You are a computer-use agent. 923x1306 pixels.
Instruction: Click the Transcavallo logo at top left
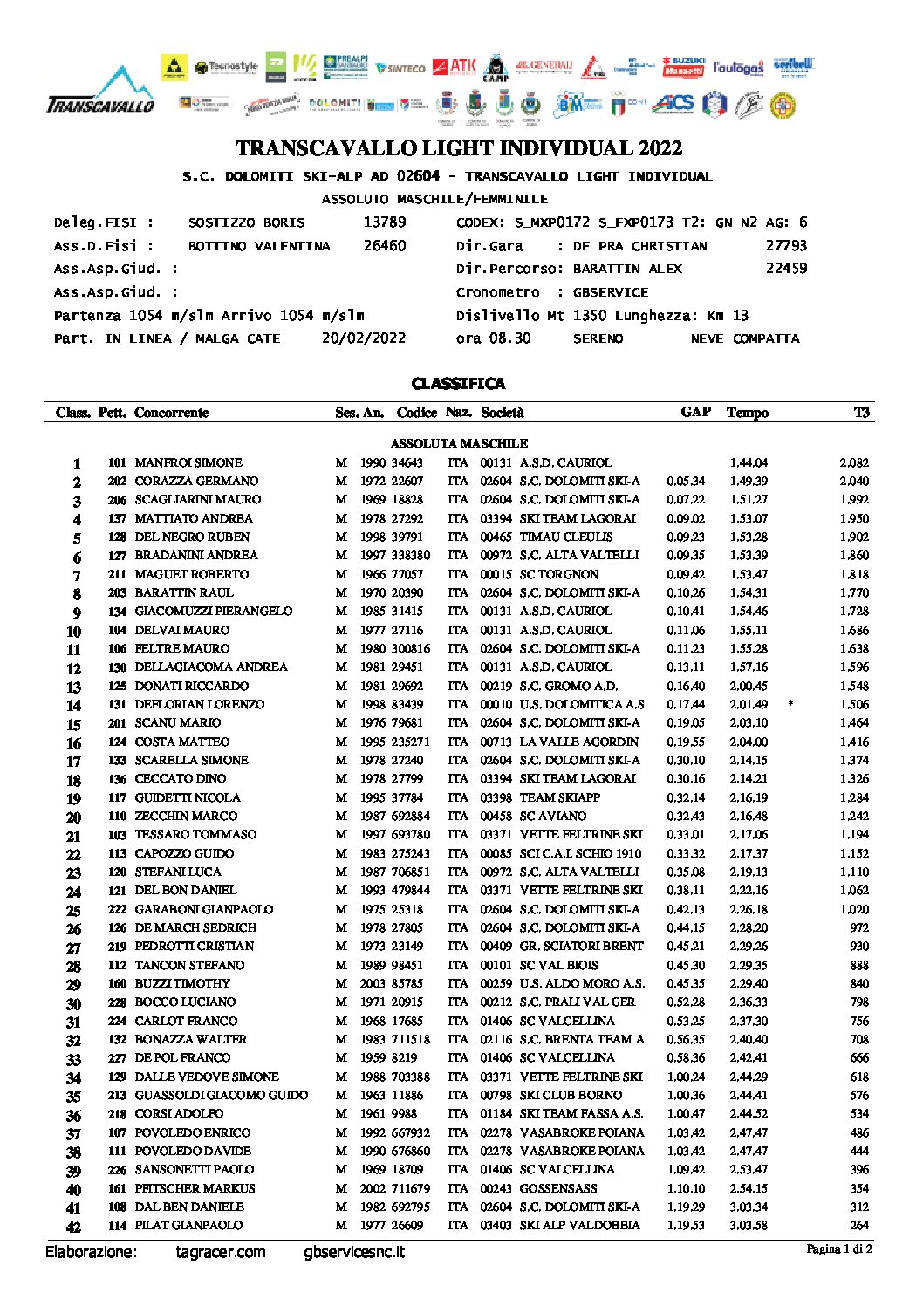pos(101,92)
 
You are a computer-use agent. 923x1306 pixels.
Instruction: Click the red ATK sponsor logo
pos(455,67)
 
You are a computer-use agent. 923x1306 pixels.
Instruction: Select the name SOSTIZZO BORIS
pos(247,223)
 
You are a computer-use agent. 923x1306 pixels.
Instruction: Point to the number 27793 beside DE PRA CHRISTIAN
pos(786,246)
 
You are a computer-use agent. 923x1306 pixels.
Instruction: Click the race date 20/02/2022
pos(364,338)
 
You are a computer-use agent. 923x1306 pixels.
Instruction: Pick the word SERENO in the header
pos(598,338)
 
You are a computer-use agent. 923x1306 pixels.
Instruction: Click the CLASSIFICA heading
pos(458,384)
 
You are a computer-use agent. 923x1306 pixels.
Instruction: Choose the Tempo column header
pos(748,413)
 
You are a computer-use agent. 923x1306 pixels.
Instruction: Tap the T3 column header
pos(861,413)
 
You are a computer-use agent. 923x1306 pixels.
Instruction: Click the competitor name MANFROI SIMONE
pos(188,463)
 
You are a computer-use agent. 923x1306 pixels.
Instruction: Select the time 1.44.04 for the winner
pos(749,463)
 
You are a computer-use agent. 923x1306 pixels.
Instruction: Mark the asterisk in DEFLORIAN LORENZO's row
pos(790,703)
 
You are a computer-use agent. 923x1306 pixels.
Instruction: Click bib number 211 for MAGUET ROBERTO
pos(117,574)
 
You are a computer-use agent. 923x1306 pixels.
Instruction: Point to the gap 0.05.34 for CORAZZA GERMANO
pos(686,482)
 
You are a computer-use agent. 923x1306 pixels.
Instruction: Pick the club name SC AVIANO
pos(553,816)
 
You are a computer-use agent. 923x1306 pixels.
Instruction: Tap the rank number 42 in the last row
pos(74,1227)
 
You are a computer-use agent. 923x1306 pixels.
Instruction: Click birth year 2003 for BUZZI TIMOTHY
pos(373,983)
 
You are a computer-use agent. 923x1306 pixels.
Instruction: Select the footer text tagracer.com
pos(220,1253)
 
